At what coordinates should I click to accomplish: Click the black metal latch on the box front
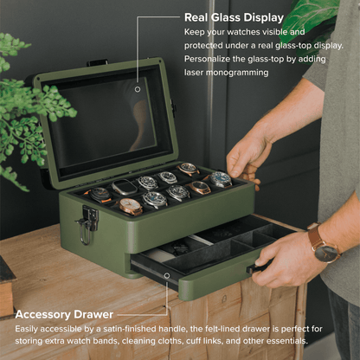tap(87, 224)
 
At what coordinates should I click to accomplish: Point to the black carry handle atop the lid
tap(96, 62)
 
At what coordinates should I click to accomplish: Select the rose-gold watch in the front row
tap(131, 206)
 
